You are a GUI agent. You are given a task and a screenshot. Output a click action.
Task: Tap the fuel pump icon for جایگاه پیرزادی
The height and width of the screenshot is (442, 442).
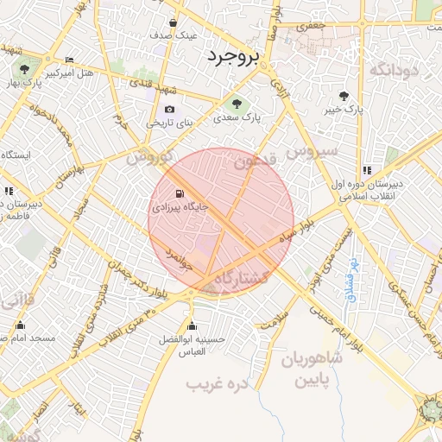pyautogui.click(x=179, y=193)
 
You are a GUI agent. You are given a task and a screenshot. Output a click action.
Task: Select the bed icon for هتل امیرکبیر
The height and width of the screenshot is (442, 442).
pyautogui.click(x=69, y=60)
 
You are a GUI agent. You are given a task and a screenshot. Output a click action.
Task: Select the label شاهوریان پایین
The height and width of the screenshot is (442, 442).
pyautogui.click(x=310, y=368)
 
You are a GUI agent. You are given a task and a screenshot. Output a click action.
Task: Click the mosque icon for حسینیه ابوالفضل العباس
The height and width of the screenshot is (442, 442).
pyautogui.click(x=192, y=325)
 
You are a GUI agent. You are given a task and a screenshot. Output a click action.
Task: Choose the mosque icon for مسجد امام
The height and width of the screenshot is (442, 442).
pyautogui.click(x=21, y=325)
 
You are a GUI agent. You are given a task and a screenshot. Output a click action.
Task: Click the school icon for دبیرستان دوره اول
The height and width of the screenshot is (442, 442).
pyautogui.click(x=367, y=170)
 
